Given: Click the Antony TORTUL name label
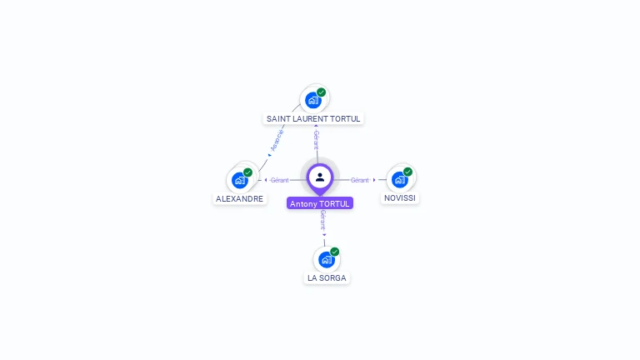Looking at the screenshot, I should [320, 203].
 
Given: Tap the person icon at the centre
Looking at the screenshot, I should [320, 177].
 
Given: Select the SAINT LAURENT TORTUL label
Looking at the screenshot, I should [313, 118].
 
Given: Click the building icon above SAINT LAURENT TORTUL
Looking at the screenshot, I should [313, 100].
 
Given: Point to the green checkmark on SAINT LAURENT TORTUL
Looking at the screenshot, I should [322, 92].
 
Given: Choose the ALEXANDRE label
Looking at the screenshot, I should [240, 198].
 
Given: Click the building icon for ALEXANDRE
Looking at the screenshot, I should [240, 180].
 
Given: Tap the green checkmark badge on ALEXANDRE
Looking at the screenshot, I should [248, 172].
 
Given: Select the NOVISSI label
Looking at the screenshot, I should [400, 197].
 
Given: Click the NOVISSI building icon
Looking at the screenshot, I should [400, 179].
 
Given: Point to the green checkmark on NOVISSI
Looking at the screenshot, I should [408, 172].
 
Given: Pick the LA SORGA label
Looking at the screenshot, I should [327, 277].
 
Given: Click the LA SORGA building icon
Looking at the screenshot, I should [327, 259].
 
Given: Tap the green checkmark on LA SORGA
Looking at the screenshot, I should [335, 252].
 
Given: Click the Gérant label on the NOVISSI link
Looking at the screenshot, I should [359, 180].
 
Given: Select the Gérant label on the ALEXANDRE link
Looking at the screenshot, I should [280, 180].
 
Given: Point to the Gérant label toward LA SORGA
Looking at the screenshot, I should [322, 220].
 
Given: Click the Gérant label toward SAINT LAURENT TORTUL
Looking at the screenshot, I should [317, 139].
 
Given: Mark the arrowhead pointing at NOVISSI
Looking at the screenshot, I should [374, 180].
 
